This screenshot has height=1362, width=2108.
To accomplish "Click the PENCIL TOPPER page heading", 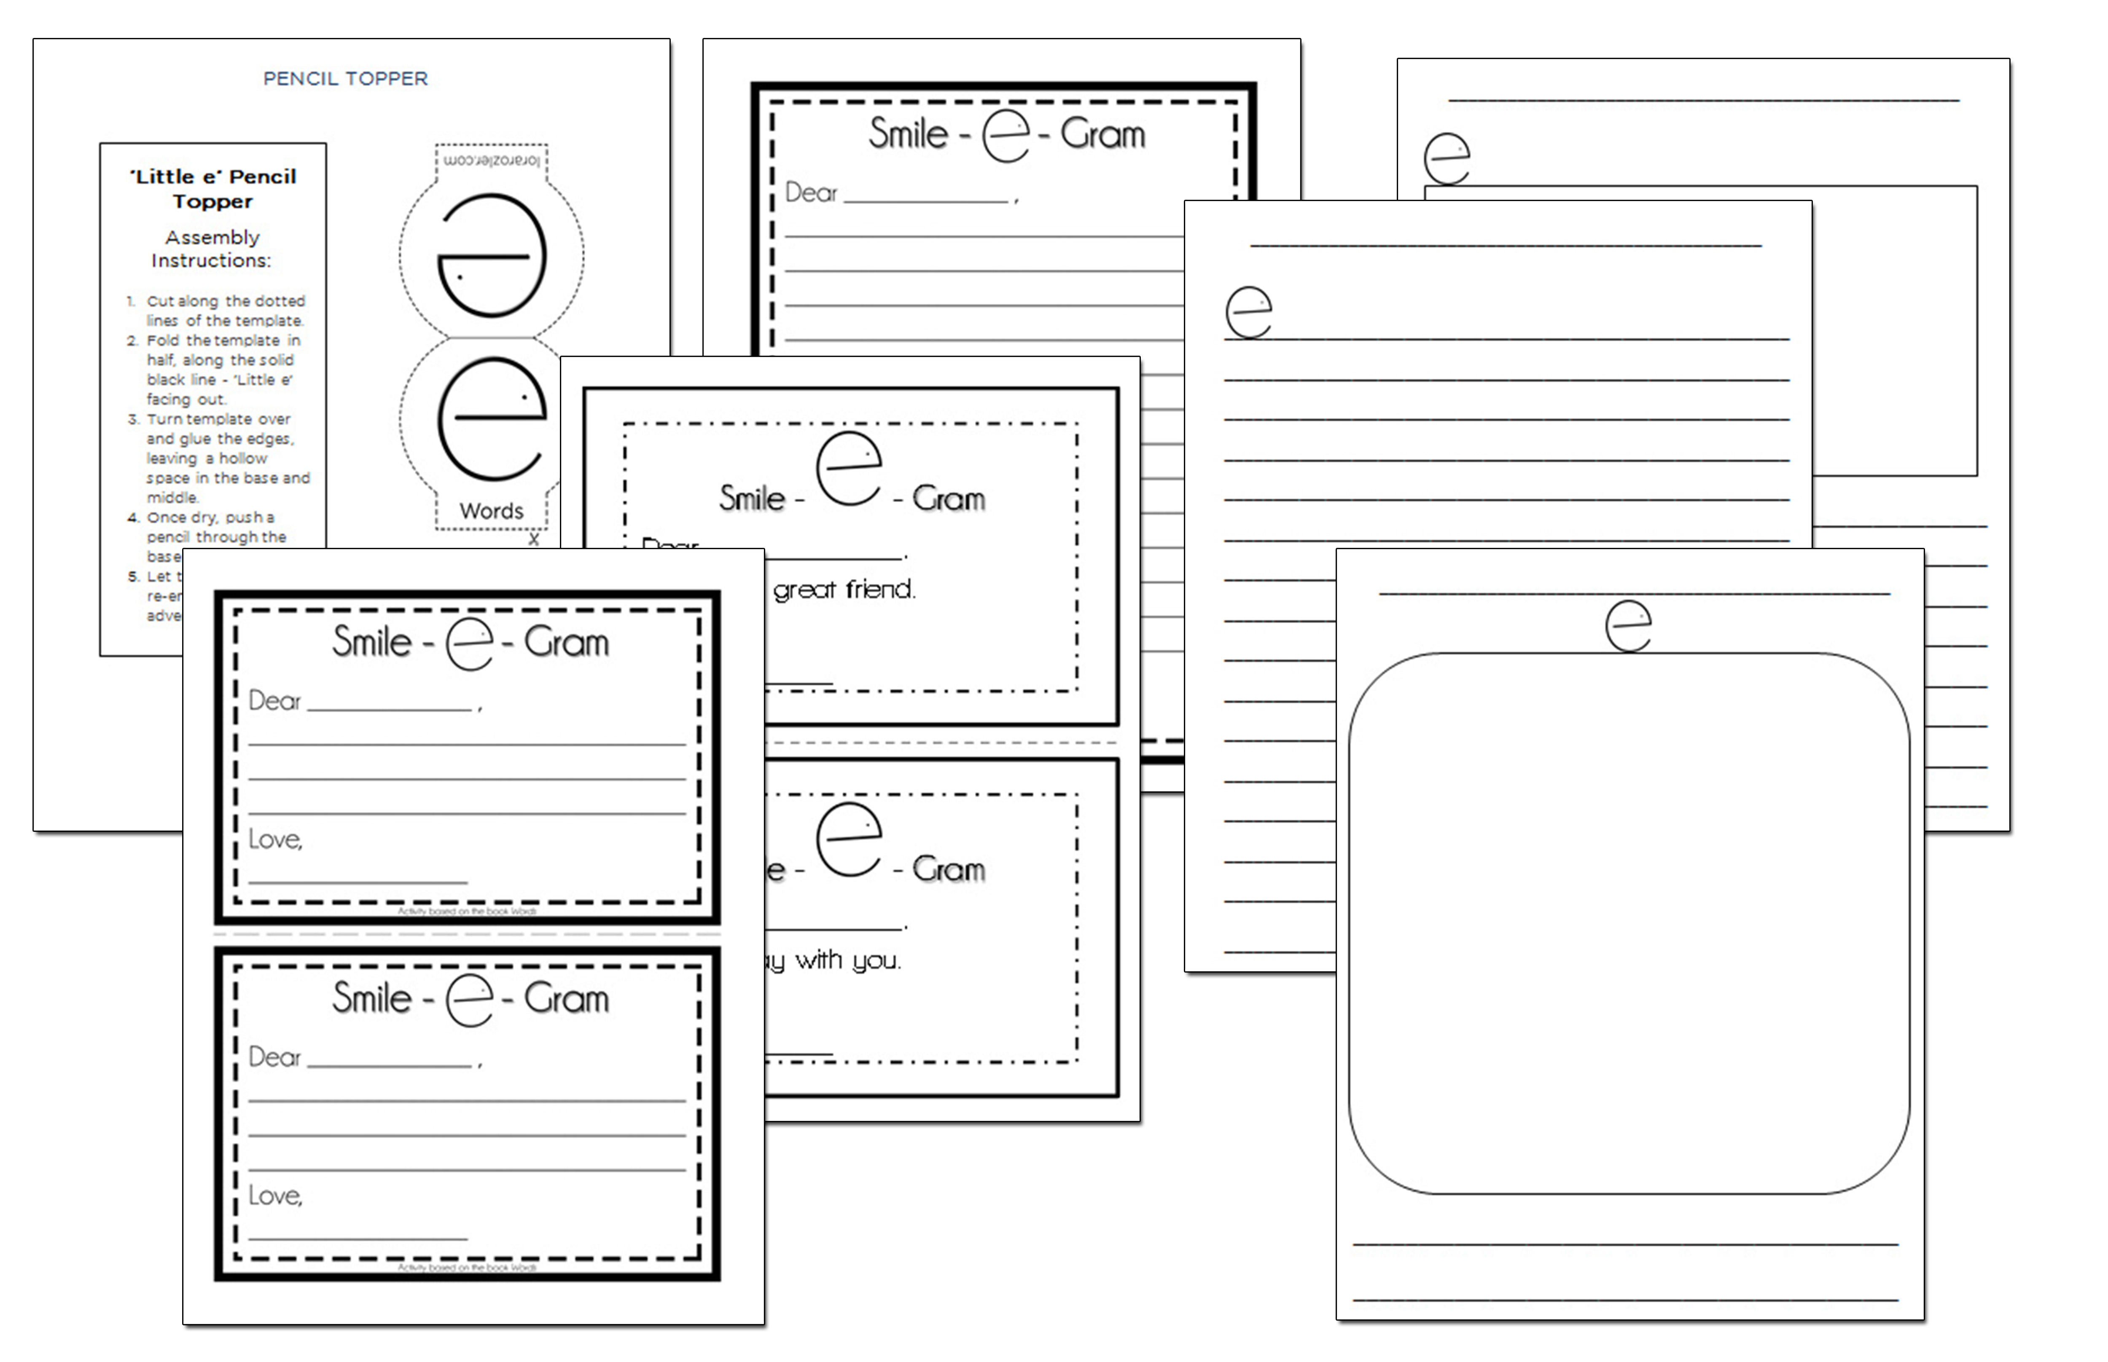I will (x=345, y=79).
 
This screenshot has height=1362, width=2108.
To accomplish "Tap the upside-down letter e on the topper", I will (x=492, y=256).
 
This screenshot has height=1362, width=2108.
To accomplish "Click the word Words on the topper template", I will (x=491, y=511).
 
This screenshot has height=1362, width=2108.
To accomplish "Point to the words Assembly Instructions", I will (x=212, y=249).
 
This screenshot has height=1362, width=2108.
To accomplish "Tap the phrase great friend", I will (x=844, y=589).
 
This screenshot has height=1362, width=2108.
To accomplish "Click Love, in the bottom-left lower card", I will (x=275, y=1196).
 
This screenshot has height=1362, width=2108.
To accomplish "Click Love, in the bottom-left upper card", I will (x=275, y=839).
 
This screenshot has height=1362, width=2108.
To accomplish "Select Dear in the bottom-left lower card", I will (x=274, y=1057).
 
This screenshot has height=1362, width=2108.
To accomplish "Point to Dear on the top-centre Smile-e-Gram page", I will (x=810, y=193).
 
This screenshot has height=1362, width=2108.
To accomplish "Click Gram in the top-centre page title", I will (x=1102, y=134).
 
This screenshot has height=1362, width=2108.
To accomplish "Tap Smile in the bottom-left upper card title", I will (x=371, y=642).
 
